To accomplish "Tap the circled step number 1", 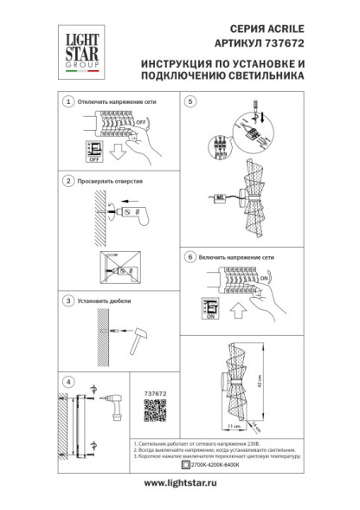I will click(x=68, y=102).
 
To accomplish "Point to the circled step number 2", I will click(x=68, y=183).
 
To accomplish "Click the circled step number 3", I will click(x=68, y=300).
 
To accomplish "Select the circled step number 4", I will click(x=68, y=380).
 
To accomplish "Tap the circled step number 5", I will click(x=190, y=102).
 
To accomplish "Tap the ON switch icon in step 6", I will click(x=208, y=307).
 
